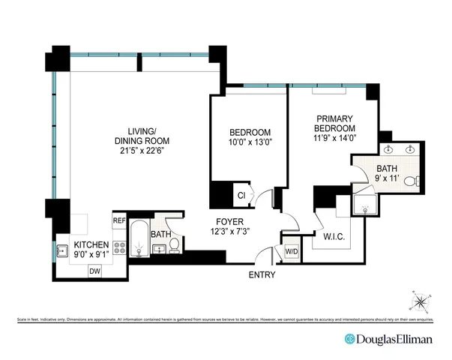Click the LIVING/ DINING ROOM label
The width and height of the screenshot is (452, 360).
[142, 135]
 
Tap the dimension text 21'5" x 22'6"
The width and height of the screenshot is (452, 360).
[142, 150]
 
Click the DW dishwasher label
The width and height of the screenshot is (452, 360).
[94, 271]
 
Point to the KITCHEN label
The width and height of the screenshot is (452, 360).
[91, 245]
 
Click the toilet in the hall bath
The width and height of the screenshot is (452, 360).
[174, 245]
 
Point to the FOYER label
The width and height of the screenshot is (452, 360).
[228, 221]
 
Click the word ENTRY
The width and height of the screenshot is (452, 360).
[262, 275]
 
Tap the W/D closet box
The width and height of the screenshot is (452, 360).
[290, 251]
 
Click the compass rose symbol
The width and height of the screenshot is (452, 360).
[421, 302]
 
